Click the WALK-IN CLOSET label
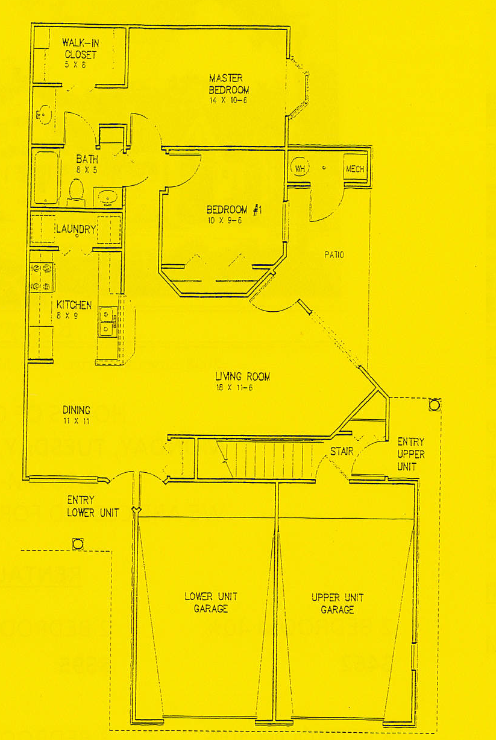(x=80, y=49)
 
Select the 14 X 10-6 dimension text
(x=228, y=100)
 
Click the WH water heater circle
(x=300, y=168)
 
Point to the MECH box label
(x=354, y=169)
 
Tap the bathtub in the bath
(x=45, y=177)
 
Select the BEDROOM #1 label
(x=232, y=210)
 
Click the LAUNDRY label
(x=76, y=229)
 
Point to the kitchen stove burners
(x=42, y=277)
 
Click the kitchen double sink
(x=107, y=321)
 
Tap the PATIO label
(x=334, y=255)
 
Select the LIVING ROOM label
(x=243, y=377)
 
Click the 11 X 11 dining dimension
(x=76, y=421)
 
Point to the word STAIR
(x=341, y=451)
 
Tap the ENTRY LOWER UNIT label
(x=93, y=507)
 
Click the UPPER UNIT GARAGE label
(x=337, y=603)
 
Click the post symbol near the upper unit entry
(x=434, y=405)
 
